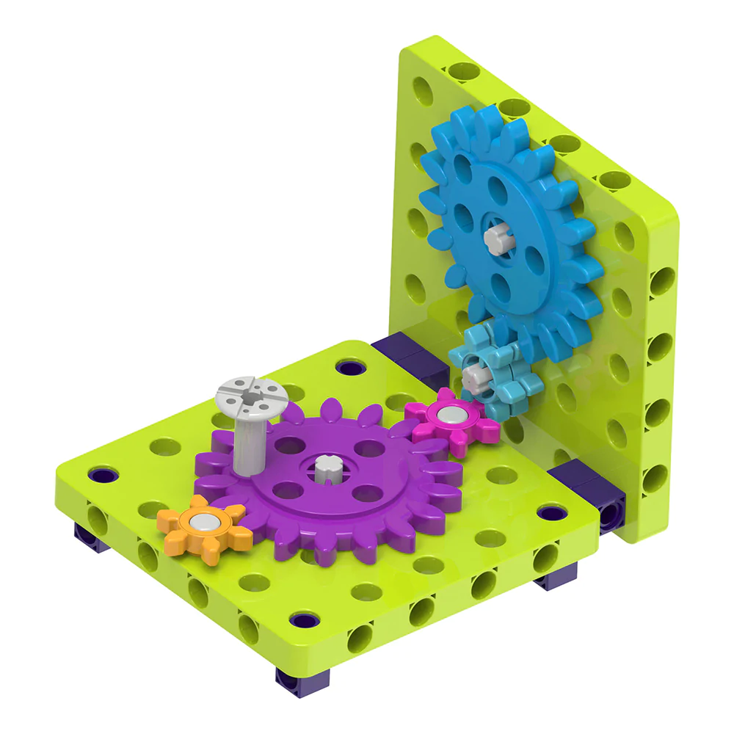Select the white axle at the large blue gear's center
coord(497,239)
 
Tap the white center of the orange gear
coord(201,523)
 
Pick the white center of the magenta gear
coord(447,417)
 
